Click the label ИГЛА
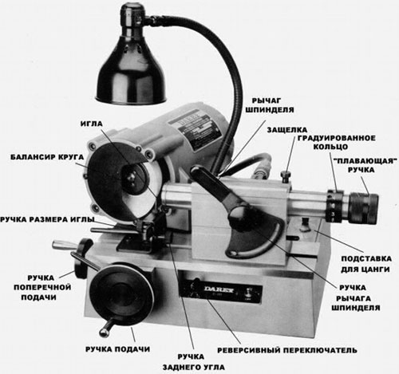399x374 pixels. click(x=92, y=124)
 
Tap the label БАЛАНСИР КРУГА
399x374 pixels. click(x=47, y=157)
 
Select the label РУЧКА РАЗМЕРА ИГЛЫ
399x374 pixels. click(x=47, y=220)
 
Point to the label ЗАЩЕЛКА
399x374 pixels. click(x=287, y=130)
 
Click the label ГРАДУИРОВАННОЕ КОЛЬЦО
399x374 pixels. click(x=336, y=143)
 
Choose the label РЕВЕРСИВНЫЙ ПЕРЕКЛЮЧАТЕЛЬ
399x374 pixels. click(x=287, y=350)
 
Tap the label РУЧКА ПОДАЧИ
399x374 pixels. click(x=117, y=349)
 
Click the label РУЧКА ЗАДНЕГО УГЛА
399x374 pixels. click(x=193, y=362)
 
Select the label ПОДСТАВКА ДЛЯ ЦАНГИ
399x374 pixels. click(x=366, y=264)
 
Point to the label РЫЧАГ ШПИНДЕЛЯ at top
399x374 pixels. click(x=270, y=105)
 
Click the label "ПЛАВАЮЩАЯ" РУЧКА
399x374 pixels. click(x=365, y=165)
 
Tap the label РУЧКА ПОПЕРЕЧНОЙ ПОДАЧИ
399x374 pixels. click(x=42, y=288)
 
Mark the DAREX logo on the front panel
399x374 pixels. click(x=219, y=289)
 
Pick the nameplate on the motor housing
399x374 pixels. click(x=196, y=129)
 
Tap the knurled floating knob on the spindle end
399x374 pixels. click(x=363, y=209)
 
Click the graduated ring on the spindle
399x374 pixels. click(x=334, y=206)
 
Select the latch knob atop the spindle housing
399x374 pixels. click(x=286, y=176)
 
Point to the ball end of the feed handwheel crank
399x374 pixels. click(x=104, y=333)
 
